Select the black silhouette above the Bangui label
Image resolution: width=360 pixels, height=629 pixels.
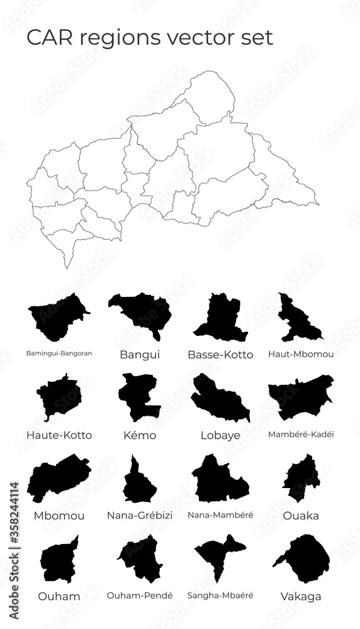click(x=142, y=311)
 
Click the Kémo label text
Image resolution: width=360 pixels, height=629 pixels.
click(x=140, y=435)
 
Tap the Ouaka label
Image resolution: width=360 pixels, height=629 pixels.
click(x=300, y=516)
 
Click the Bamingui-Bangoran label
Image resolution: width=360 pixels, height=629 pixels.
click(x=60, y=353)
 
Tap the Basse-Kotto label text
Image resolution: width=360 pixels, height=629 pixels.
click(x=220, y=355)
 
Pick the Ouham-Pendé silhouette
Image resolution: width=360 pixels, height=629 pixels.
click(x=142, y=558)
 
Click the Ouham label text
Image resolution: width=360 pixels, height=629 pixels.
click(x=60, y=596)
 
